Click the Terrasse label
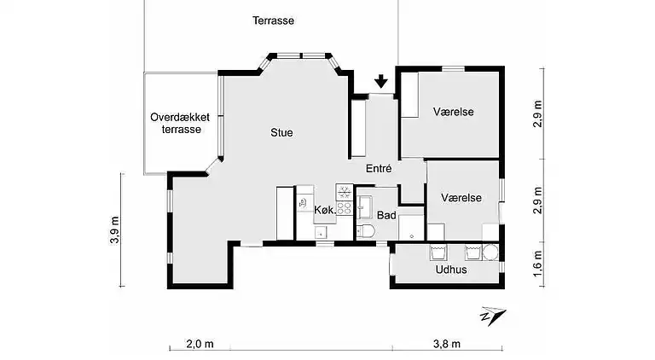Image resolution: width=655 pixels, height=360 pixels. click(273, 20)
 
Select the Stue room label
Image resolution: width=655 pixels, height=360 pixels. click(281, 132)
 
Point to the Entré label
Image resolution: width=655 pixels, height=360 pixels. click(379, 169)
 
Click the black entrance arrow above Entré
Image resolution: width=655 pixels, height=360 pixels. click(380, 82)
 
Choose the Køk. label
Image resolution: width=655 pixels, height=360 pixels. click(323, 210)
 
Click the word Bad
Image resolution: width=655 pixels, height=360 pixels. click(385, 215)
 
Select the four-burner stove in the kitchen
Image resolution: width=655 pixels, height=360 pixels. click(345, 206)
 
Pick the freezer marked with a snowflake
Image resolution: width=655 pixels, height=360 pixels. click(344, 190)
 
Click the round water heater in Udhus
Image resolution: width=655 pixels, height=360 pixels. click(490, 253)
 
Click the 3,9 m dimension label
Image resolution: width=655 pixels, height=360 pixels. click(114, 230)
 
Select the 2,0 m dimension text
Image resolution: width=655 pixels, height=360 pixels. click(200, 344)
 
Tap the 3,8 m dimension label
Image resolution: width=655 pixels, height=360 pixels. click(446, 344)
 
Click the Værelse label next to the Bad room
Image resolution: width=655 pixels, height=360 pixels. click(461, 197)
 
